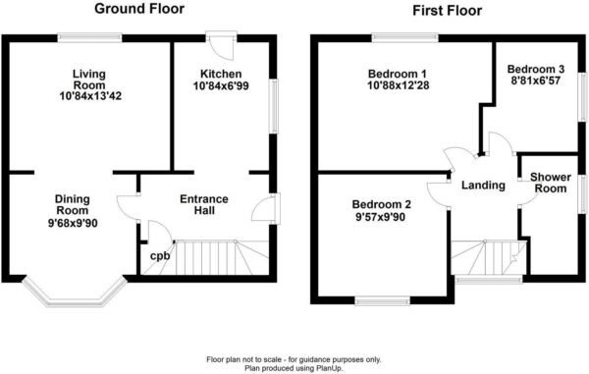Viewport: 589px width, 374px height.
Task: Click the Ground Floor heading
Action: point(139,9)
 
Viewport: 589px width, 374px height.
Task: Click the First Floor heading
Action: point(447,10)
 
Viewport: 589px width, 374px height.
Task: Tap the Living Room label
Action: point(89,80)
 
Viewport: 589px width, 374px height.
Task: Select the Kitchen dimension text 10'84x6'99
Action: point(221,86)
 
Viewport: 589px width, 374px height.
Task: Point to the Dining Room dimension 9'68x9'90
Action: point(73,224)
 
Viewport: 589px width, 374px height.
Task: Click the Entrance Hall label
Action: point(204,204)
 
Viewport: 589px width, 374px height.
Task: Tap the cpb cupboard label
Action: point(160,256)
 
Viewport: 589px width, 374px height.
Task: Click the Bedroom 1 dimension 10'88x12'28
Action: point(399,85)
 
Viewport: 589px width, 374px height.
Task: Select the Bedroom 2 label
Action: point(381,204)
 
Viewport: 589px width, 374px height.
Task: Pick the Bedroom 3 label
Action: point(536,69)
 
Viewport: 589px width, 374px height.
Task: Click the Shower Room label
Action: point(551,183)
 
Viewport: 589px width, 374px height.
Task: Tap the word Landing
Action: point(483,186)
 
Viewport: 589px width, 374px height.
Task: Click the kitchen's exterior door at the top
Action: point(221,45)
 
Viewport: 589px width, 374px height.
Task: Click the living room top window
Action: point(89,37)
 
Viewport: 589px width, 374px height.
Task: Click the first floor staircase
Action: point(488,257)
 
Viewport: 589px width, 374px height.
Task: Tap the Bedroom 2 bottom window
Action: point(383,300)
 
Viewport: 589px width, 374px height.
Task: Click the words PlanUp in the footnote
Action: point(332,368)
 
